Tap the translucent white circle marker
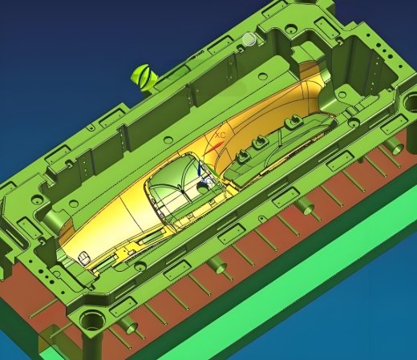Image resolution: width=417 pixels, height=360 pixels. (249, 38)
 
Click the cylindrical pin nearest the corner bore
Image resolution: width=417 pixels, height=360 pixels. (128, 326)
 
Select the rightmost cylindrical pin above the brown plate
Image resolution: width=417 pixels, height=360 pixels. (393, 147)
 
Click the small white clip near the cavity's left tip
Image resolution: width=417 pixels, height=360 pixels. (83, 257)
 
